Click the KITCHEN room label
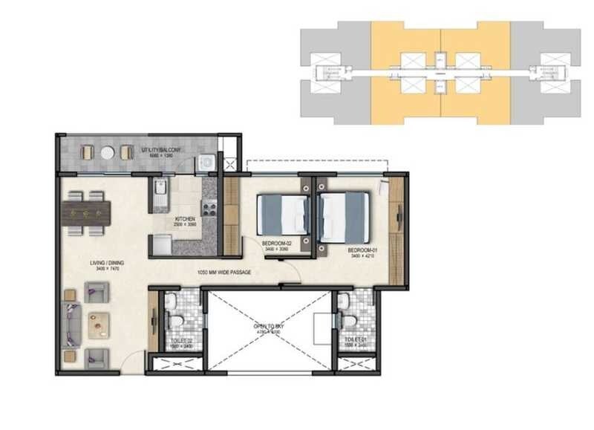185,219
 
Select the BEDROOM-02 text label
275,243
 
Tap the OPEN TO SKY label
269,326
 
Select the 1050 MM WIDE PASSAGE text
224,273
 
